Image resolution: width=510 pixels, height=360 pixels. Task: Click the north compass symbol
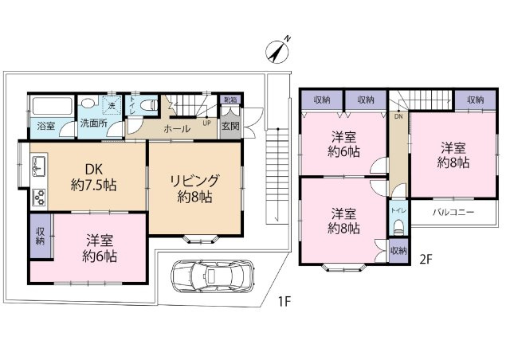click(278, 51)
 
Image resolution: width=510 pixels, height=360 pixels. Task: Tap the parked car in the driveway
click(213, 276)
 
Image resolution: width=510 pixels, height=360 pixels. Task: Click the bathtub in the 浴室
click(52, 106)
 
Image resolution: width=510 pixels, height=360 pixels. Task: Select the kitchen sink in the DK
click(39, 166)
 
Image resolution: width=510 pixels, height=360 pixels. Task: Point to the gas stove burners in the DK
click(39, 197)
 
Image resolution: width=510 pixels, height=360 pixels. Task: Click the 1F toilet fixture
click(150, 105)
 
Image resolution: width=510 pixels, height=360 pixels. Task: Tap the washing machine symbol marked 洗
click(112, 105)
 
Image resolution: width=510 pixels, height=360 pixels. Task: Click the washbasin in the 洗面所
click(87, 103)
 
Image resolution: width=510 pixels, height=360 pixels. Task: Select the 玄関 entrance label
click(230, 126)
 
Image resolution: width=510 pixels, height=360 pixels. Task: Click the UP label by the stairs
click(207, 123)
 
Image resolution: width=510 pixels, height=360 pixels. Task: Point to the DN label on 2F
click(398, 116)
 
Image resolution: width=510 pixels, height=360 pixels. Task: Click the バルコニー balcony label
click(453, 213)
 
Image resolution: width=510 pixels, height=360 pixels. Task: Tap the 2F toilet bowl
click(398, 226)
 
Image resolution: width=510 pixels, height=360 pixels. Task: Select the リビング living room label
click(194, 181)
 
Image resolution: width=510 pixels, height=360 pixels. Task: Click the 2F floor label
click(426, 259)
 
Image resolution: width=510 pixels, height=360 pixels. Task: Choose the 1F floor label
click(284, 302)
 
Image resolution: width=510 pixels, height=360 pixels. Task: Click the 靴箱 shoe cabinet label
click(230, 100)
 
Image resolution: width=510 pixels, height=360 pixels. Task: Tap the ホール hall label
click(177, 129)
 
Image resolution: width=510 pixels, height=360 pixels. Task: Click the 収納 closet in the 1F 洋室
click(41, 236)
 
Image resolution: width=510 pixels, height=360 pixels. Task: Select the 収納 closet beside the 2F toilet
click(398, 250)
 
